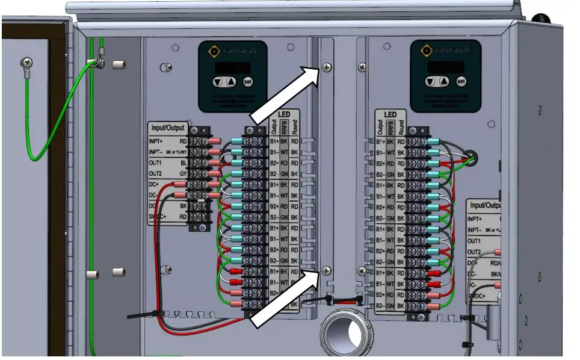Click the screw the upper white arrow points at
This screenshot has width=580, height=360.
[327, 68]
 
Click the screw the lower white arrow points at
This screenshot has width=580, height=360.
[327, 270]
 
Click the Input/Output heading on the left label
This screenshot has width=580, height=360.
[168, 128]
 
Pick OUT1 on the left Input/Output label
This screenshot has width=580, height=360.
[156, 163]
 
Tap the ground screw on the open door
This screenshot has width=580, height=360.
[27, 62]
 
